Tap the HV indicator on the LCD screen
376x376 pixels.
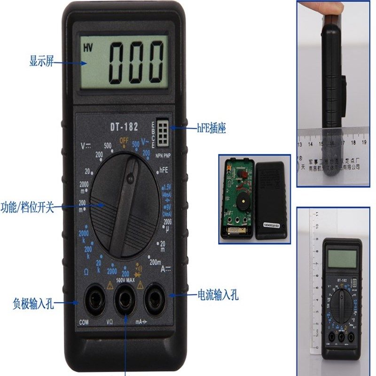(x=88, y=47)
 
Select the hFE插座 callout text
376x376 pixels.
(x=211, y=128)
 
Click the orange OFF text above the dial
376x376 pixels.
(x=124, y=141)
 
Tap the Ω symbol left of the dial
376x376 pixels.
(x=86, y=272)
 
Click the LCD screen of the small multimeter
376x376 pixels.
(x=343, y=258)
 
